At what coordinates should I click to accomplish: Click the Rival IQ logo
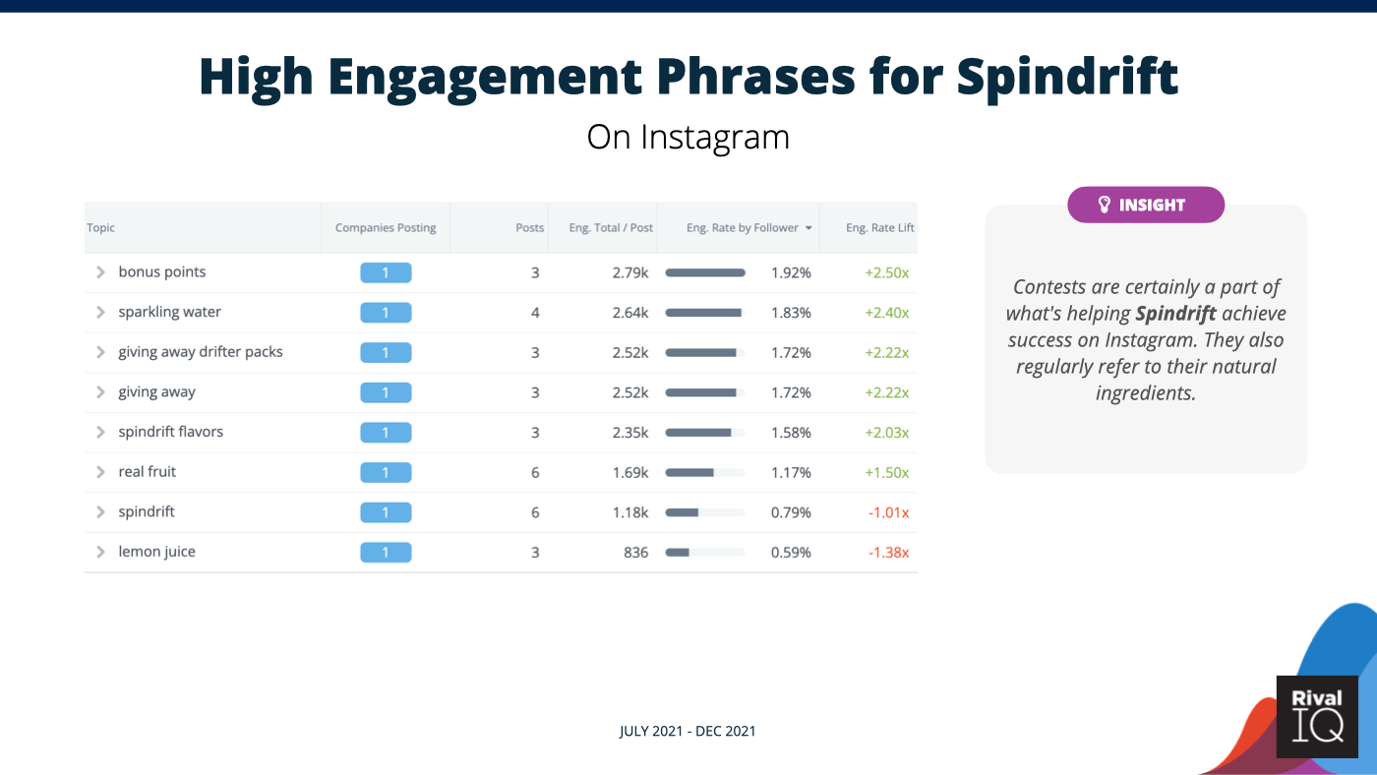tap(1317, 716)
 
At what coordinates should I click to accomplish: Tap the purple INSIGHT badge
tap(1145, 205)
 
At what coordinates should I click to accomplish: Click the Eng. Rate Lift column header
tap(879, 227)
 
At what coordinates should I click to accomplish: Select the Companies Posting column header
tap(385, 227)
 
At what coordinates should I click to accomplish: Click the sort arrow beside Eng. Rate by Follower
tap(808, 228)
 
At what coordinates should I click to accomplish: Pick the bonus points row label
tap(162, 272)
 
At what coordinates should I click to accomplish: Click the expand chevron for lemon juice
tap(100, 552)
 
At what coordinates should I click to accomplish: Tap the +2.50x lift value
tap(886, 272)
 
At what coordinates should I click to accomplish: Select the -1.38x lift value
tap(888, 553)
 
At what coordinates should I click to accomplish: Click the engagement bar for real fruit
tap(704, 472)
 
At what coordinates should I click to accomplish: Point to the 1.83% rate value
tap(791, 313)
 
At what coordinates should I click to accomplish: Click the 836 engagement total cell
tap(635, 553)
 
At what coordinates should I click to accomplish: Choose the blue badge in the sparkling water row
tap(386, 313)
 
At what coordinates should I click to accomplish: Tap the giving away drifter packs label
tap(201, 352)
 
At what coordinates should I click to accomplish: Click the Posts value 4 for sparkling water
tap(535, 313)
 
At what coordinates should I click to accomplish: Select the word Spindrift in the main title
tap(1067, 77)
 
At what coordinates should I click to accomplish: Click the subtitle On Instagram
tap(688, 137)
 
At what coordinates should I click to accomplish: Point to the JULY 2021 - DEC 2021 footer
tap(688, 731)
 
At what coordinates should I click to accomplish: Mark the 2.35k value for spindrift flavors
tap(629, 433)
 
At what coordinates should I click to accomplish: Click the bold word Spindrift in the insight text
tap(1175, 314)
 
